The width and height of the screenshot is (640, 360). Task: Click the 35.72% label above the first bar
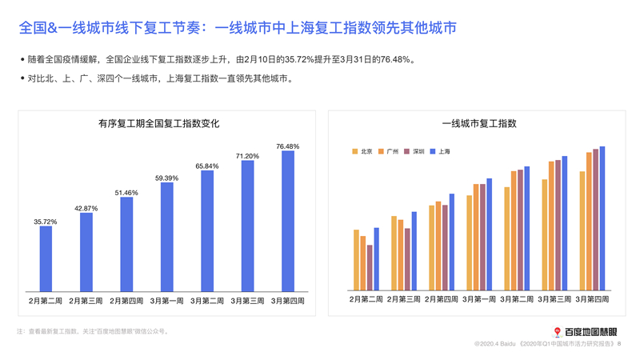pos(46,222)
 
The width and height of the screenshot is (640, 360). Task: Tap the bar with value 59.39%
pos(166,237)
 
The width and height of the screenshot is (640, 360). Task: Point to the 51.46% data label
pos(126,193)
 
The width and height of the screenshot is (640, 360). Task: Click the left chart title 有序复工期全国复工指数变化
pos(158,124)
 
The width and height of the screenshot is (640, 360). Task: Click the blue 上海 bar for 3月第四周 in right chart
pos(602,218)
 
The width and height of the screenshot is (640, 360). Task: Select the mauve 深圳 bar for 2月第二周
pos(370,267)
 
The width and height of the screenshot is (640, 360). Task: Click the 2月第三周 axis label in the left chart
pos(86,301)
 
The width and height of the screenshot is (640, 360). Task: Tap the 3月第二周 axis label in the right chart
pos(516,300)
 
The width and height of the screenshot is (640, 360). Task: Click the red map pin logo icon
pos(558,332)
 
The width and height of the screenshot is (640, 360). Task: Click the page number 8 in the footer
pos(619,343)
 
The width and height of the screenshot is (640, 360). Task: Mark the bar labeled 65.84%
pos(207,230)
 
